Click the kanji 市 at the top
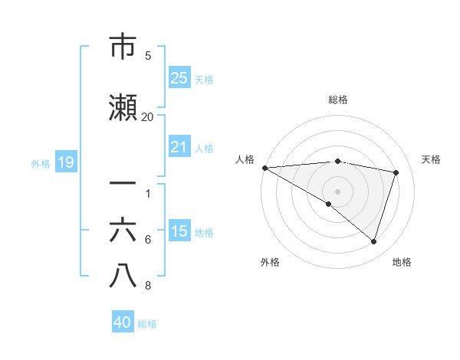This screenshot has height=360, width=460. [123, 47]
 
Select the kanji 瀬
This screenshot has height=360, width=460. [123, 108]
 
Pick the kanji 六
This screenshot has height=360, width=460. [123, 231]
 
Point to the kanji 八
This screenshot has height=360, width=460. [123, 277]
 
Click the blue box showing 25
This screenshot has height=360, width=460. [179, 78]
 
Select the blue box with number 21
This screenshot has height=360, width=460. [179, 147]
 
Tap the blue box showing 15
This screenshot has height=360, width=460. [179, 231]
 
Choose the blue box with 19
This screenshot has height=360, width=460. [65, 162]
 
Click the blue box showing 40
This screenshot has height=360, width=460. [123, 322]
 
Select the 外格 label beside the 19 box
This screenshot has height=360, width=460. [41, 163]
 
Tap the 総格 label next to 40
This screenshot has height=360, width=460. [147, 323]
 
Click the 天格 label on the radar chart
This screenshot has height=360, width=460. [431, 159]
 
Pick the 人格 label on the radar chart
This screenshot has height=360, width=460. [245, 159]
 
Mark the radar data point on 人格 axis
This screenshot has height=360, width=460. [264, 167]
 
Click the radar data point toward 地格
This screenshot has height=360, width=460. [373, 242]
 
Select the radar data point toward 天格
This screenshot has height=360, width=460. [396, 172]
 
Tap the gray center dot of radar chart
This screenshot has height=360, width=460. [337, 191]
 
